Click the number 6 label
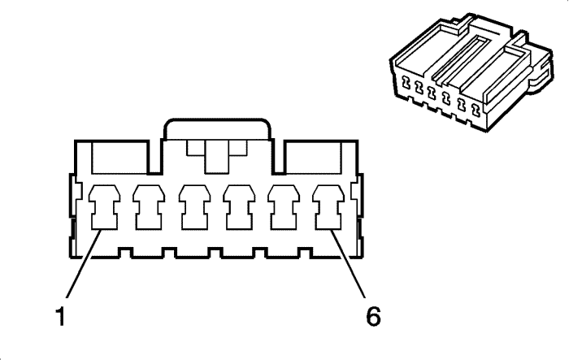click(373, 314)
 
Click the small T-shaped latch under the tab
click(216, 154)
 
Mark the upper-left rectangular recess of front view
click(119, 155)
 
